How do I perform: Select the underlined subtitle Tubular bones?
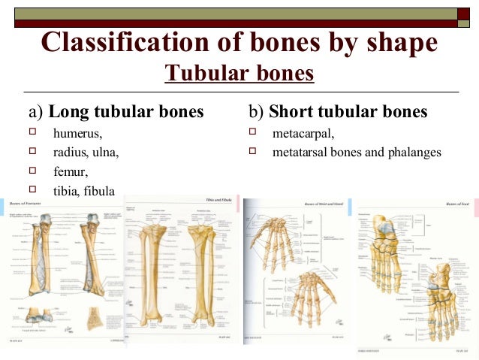(x=239, y=74)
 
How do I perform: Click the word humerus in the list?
(x=78, y=134)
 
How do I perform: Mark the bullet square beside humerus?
(x=32, y=133)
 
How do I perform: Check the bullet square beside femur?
(x=32, y=171)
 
